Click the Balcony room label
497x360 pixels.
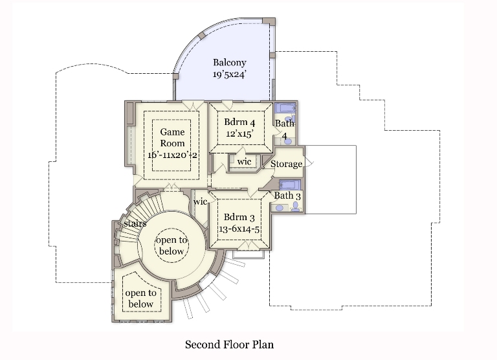point(230,63)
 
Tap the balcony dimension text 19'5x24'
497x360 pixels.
point(230,74)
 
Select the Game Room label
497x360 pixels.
point(172,137)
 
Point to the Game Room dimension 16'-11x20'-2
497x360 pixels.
point(172,155)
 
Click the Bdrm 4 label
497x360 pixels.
point(239,122)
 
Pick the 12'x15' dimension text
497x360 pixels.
point(239,134)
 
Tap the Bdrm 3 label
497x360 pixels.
point(239,218)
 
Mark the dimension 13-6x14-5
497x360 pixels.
point(239,229)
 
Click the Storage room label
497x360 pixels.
point(286,164)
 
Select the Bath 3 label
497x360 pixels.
point(287,196)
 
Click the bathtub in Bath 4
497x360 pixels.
point(285,108)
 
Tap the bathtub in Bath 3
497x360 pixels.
point(290,185)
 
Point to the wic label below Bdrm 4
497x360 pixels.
point(244,161)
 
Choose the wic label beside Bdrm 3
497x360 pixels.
point(201,201)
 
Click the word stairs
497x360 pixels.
point(135,223)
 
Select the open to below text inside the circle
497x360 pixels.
point(171,245)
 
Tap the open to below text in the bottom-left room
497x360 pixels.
point(140,298)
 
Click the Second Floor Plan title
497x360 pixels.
point(230,344)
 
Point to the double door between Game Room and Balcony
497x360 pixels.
point(193,106)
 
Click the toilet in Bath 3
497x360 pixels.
point(295,207)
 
